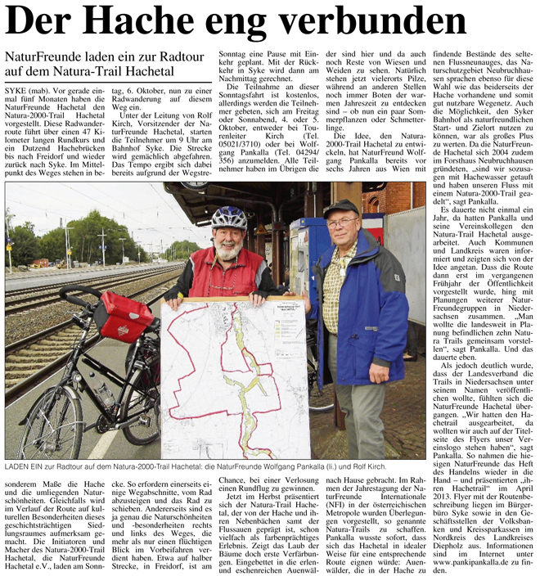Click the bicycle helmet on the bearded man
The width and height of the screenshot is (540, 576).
(x=229, y=218)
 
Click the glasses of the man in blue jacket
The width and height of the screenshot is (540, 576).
(x=341, y=222)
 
